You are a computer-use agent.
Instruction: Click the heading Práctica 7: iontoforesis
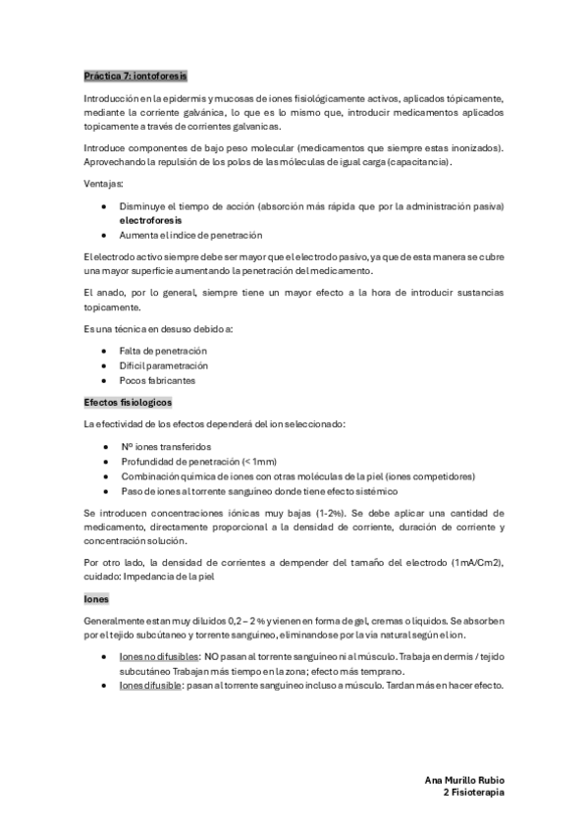(135, 75)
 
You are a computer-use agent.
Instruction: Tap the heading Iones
(96, 597)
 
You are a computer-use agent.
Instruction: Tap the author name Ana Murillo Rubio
(464, 779)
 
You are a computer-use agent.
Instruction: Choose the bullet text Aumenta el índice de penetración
(192, 236)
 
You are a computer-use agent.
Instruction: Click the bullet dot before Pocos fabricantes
(105, 380)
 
